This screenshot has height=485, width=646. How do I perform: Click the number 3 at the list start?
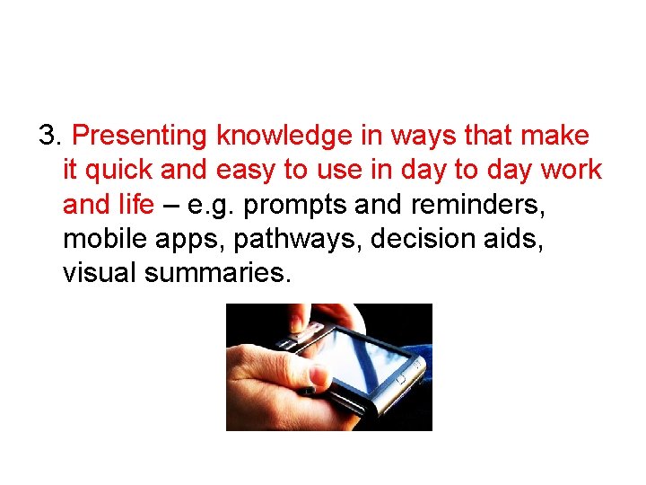(47, 137)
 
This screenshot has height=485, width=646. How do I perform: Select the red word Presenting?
(141, 137)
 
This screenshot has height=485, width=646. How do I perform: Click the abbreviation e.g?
(212, 205)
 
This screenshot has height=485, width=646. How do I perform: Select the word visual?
(97, 273)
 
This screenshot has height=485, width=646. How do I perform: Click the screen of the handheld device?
(363, 358)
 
